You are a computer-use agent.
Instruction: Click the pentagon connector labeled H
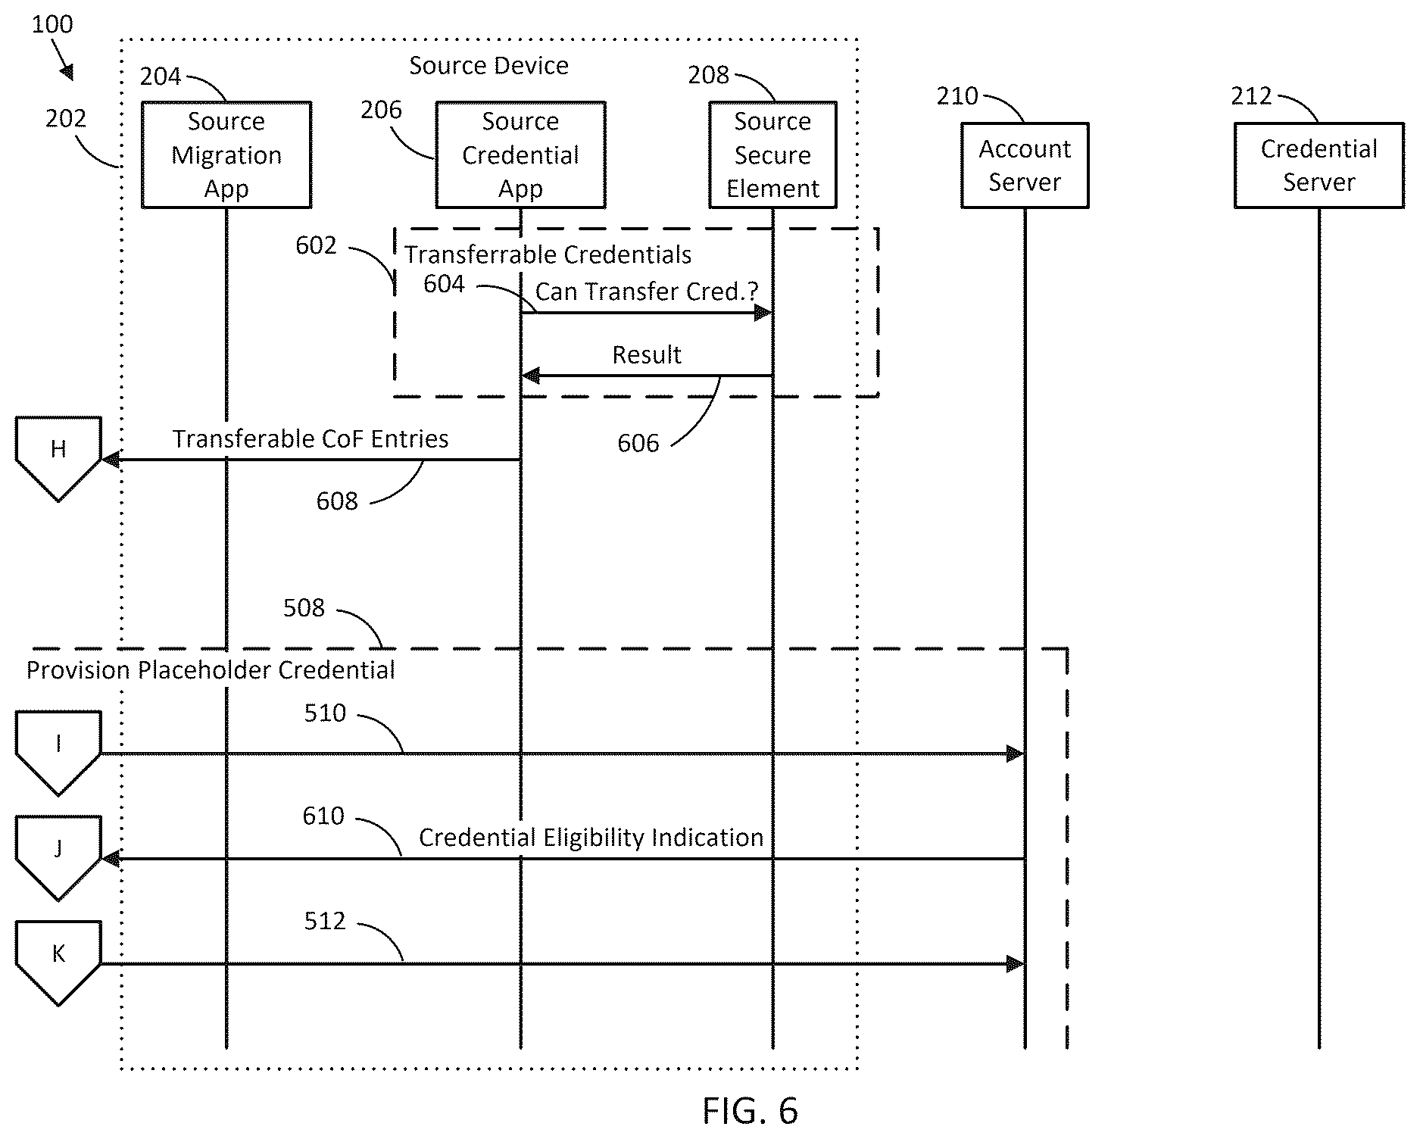pos(58,458)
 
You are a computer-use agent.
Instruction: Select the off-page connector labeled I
pos(58,753)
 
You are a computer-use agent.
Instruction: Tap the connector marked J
pos(58,858)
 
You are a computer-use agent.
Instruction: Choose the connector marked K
pos(58,963)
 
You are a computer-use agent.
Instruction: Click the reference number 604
pos(444,284)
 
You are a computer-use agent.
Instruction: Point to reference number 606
pos(638,443)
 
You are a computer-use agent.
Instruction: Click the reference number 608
pos(337,501)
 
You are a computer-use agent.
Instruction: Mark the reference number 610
pos(323,816)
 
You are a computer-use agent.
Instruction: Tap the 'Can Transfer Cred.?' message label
pos(647,292)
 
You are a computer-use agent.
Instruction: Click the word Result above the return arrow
pos(647,354)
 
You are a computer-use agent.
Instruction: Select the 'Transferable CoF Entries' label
pos(311,439)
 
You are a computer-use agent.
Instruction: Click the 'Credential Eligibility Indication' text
pos(591,838)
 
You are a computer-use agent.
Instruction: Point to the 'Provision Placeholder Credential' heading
pos(211,670)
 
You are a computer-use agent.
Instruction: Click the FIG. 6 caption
pos(750,1111)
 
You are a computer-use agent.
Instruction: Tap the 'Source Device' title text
pos(489,66)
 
